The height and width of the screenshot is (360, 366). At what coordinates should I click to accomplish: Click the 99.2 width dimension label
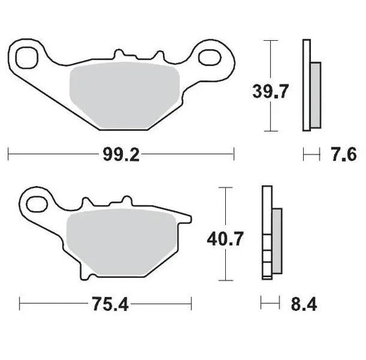121,152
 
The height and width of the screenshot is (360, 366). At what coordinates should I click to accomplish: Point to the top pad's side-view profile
310,86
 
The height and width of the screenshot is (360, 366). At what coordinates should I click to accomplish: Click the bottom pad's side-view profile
271,235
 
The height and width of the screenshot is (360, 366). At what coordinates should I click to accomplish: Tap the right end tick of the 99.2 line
234,152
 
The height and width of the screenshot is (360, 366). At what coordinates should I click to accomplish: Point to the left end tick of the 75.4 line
19,303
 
